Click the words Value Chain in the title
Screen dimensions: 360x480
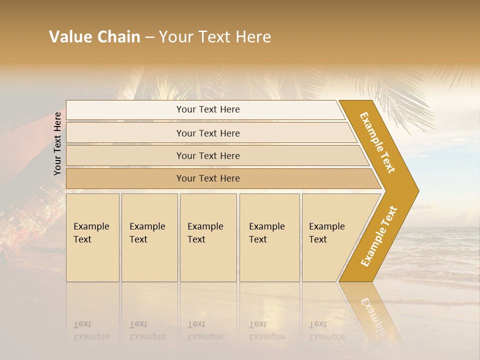click(94, 37)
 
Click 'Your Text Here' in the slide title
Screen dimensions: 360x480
click(215, 37)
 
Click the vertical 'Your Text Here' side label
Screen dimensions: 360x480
click(57, 143)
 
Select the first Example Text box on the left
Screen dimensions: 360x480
click(92, 237)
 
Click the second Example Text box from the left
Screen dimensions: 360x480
click(149, 237)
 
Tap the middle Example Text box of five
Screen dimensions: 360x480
click(208, 237)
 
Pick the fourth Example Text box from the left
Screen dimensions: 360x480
click(269, 237)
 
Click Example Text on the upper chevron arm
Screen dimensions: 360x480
click(377, 142)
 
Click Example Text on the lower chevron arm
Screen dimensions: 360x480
click(378, 236)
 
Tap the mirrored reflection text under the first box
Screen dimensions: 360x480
click(91, 330)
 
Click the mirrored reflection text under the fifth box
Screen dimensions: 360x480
click(326, 330)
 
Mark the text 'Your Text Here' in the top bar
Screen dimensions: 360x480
click(208, 109)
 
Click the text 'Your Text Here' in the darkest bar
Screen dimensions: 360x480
click(208, 178)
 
